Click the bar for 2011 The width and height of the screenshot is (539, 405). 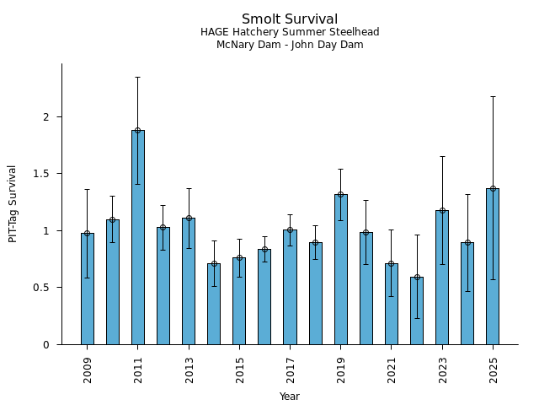pyautogui.click(x=138, y=237)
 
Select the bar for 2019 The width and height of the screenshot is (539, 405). pyautogui.click(x=340, y=269)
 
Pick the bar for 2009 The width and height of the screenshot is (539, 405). pyautogui.click(x=88, y=289)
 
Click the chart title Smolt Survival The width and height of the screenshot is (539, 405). pyautogui.click(x=290, y=19)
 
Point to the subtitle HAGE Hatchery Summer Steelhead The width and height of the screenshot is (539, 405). pyautogui.click(x=290, y=32)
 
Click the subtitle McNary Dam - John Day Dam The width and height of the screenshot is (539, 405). pyautogui.click(x=290, y=45)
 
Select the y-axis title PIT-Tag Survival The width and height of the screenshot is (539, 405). pyautogui.click(x=13, y=203)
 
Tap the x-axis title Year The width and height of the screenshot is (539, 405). pyautogui.click(x=290, y=397)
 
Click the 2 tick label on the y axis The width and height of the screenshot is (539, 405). pyautogui.click(x=47, y=116)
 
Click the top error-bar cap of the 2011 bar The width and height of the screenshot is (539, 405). pyautogui.click(x=138, y=77)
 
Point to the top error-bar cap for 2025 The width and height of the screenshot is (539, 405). pyautogui.click(x=493, y=96)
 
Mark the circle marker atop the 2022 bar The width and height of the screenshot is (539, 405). pyautogui.click(x=417, y=277)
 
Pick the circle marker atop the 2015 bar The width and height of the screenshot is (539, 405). pyautogui.click(x=239, y=257)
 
